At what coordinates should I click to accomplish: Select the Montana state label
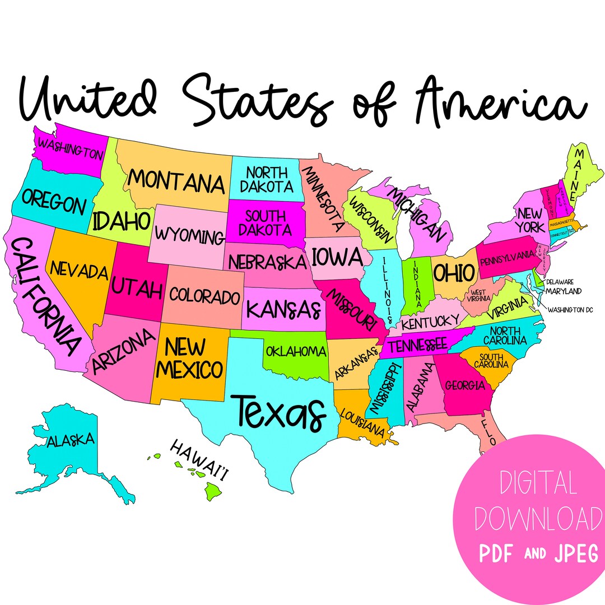click(176, 182)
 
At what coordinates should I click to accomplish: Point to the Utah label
click(137, 288)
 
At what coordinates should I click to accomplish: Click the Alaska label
click(71, 440)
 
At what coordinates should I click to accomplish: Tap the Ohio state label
click(454, 273)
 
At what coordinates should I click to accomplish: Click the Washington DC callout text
click(570, 309)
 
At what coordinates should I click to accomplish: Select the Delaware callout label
click(564, 282)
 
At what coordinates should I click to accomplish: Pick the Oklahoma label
click(296, 352)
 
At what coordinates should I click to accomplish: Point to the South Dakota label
click(266, 222)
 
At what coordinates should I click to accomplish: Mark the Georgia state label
click(465, 385)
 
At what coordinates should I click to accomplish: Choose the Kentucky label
click(430, 322)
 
